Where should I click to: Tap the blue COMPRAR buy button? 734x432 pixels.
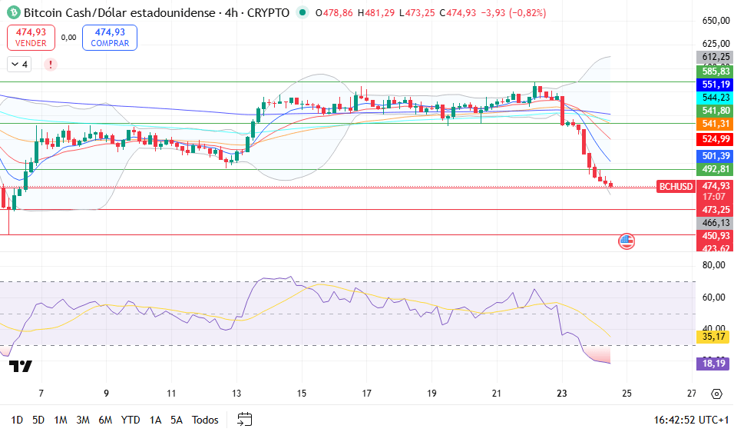[109, 37]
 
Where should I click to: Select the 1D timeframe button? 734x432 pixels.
[16, 420]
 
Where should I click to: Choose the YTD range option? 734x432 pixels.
[131, 420]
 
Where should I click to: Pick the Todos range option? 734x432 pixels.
[205, 420]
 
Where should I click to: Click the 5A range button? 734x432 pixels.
[177, 420]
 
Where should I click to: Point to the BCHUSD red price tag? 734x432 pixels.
[676, 186]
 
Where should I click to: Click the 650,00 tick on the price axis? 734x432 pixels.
[715, 21]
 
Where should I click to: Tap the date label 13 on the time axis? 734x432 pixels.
[237, 394]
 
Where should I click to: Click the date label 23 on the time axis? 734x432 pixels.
[561, 394]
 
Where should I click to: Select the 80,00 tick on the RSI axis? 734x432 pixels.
[715, 265]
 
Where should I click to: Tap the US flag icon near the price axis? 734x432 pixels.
[627, 241]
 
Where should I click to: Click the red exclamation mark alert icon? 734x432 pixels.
[51, 65]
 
